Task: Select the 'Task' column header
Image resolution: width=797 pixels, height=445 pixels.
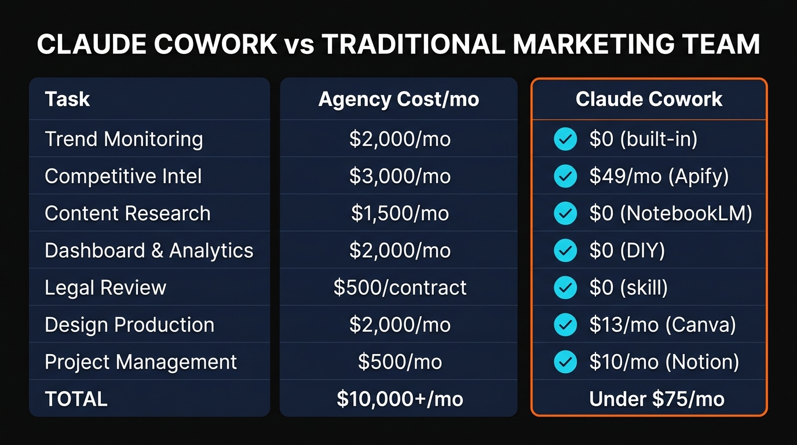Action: point(67,99)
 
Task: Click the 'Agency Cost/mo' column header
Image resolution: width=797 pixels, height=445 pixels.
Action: point(398,99)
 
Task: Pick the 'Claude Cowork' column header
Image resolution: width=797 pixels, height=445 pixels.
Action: point(649,99)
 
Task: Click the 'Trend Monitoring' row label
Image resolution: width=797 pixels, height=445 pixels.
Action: point(123,139)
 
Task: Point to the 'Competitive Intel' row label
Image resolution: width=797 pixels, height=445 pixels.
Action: point(123,176)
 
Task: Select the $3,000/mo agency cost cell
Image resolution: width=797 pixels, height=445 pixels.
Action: point(400,176)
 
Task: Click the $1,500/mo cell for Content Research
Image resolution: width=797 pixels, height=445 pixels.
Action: point(400,213)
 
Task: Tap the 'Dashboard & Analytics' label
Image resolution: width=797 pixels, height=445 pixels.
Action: point(149,250)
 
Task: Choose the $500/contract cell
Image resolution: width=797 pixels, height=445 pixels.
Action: point(400,287)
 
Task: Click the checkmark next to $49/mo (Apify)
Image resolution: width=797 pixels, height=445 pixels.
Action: point(565,176)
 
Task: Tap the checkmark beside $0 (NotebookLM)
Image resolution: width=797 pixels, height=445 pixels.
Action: point(565,213)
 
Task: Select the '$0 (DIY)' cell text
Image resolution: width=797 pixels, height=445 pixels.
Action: point(627,250)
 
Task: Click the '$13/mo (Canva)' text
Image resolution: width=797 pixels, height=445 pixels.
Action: point(662,324)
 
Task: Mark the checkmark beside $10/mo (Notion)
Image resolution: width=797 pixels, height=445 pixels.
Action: point(565,362)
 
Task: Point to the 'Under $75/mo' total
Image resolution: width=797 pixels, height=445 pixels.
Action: point(656,399)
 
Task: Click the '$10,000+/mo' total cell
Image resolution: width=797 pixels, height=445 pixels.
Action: point(400,399)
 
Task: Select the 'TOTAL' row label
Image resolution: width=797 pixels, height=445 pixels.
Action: point(76,399)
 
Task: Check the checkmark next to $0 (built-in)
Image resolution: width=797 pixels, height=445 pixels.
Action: point(565,139)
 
